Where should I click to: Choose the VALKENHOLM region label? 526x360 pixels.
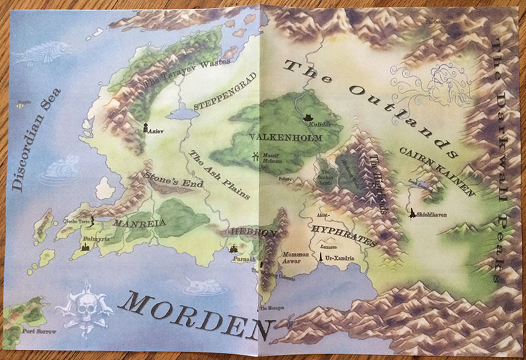284,137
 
